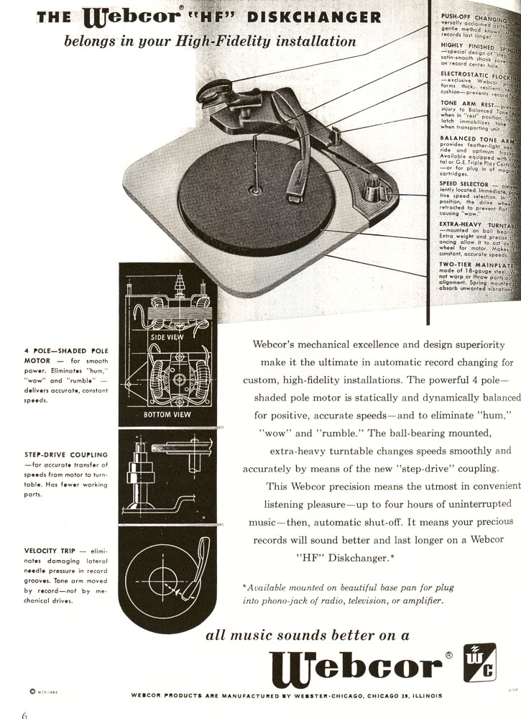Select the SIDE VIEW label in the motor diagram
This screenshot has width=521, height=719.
click(167, 336)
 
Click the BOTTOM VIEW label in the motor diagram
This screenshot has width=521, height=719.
click(167, 415)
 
